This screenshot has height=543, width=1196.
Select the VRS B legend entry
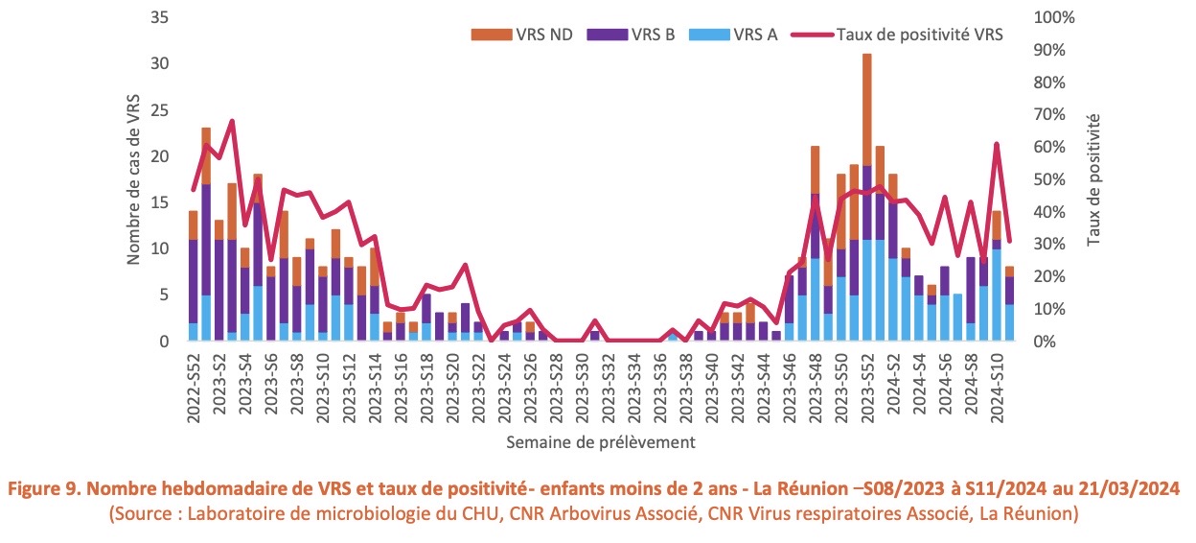tap(653, 35)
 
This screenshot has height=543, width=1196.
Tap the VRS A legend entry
tap(753, 35)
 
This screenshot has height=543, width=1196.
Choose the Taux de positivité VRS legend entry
tap(919, 35)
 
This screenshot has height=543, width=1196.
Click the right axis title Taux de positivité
tap(1093, 179)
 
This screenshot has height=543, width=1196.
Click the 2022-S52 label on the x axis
tap(195, 385)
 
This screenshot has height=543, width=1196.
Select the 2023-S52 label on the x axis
tap(866, 385)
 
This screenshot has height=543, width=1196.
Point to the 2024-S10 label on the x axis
tap(997, 385)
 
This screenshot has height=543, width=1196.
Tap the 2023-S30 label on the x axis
tap(583, 385)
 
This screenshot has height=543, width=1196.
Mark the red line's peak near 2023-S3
tap(232, 122)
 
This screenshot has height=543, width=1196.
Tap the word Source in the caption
tap(144, 514)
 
